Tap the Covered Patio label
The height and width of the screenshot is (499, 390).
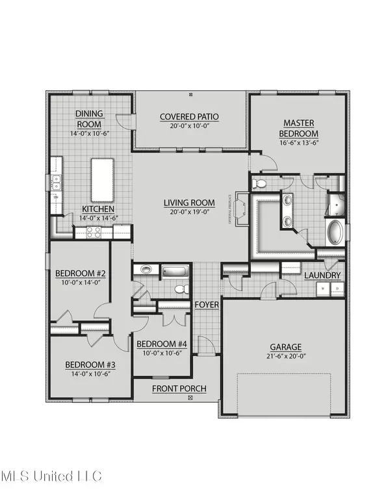click(x=190, y=117)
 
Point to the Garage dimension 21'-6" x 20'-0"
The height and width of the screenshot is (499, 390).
click(x=287, y=357)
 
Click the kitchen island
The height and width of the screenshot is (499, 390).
click(x=102, y=179)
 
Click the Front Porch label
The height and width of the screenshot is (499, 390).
click(x=179, y=389)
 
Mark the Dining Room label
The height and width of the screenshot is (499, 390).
click(x=89, y=118)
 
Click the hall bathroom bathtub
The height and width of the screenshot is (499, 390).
click(x=173, y=271)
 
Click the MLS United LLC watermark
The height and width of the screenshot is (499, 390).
click(x=51, y=477)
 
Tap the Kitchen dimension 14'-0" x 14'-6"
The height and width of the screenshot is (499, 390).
click(x=99, y=218)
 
